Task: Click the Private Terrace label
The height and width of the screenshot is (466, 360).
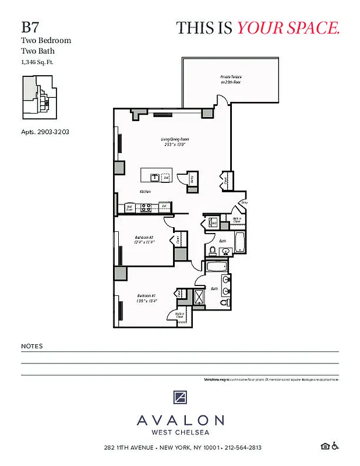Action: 231,80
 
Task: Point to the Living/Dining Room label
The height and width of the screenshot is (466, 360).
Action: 175,142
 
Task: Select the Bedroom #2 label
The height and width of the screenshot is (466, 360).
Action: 144,240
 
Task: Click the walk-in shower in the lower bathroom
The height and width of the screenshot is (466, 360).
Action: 199,297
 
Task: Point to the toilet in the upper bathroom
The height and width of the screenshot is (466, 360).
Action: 213,251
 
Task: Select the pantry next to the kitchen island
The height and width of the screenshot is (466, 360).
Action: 192,181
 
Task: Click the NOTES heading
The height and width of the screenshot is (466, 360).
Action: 31,346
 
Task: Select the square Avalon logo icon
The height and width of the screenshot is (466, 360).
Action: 180,398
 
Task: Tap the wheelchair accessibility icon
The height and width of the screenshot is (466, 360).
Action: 335,447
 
